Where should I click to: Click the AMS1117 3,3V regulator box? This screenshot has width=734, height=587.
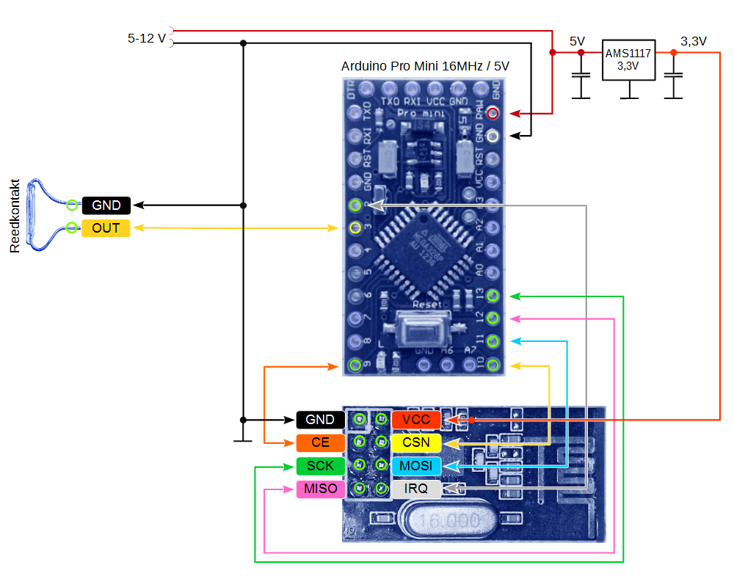(x=628, y=59)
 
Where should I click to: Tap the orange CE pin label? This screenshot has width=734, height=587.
(x=321, y=442)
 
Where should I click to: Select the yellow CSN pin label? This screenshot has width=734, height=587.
(x=416, y=442)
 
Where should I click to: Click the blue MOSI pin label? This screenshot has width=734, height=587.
(x=416, y=466)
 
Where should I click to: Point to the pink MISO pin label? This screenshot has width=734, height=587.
(x=321, y=489)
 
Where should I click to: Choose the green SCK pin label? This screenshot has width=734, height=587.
(x=321, y=466)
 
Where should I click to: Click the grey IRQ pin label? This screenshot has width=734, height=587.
(x=416, y=489)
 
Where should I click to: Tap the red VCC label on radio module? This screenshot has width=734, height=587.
(x=416, y=420)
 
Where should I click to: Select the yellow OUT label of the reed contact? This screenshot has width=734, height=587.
(x=106, y=228)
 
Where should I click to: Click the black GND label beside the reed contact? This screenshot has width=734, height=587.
(x=106, y=205)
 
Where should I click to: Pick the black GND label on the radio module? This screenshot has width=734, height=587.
(x=321, y=420)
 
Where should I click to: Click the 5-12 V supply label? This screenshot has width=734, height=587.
(x=147, y=38)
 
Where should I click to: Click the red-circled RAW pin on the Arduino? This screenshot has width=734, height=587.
(x=493, y=113)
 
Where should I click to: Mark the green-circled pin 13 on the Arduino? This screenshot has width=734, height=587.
(x=493, y=296)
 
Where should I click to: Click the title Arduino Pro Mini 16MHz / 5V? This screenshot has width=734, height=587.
(x=425, y=66)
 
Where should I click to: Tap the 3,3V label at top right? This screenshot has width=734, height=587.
(x=694, y=42)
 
